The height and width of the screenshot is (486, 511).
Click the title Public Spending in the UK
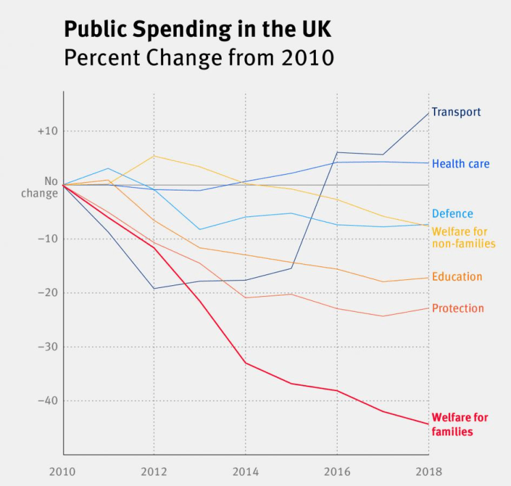(199, 29)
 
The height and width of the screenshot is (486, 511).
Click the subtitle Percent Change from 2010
(199, 57)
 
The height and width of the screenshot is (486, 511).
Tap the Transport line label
(456, 112)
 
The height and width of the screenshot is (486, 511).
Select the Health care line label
(461, 164)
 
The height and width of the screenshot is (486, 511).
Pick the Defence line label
(452, 214)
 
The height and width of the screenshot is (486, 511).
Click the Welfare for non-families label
(463, 238)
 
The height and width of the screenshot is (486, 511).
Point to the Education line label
(457, 276)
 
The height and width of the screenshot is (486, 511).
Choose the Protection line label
(458, 309)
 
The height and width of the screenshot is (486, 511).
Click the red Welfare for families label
(460, 425)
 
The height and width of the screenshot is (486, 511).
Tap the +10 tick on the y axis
(48, 131)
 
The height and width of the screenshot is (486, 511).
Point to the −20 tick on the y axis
(48, 293)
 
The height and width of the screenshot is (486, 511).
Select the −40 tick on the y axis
(48, 401)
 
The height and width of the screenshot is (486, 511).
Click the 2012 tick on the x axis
(154, 472)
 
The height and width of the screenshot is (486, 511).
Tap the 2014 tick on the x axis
(245, 472)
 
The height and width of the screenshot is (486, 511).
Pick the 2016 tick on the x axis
(336, 472)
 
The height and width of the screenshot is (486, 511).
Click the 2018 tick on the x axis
(428, 472)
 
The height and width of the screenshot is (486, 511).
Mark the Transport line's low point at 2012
(154, 289)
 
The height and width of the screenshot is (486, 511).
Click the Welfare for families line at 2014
(245, 362)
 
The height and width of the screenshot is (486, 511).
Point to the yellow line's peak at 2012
(154, 156)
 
